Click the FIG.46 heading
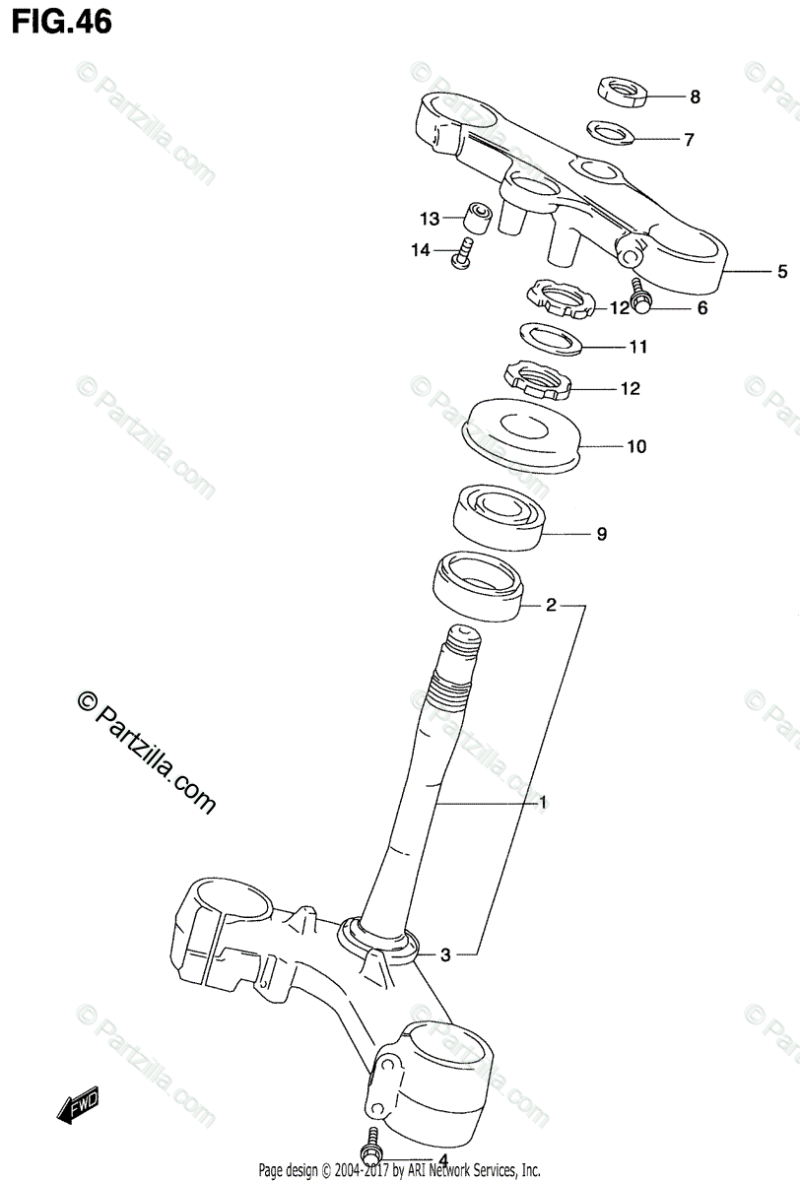pyautogui.click(x=60, y=22)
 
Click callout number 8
pyautogui.click(x=695, y=97)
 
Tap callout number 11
pyautogui.click(x=638, y=347)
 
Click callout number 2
pyautogui.click(x=552, y=606)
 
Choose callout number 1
pyautogui.click(x=541, y=804)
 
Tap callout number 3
pyautogui.click(x=445, y=953)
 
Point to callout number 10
pyautogui.click(x=635, y=447)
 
